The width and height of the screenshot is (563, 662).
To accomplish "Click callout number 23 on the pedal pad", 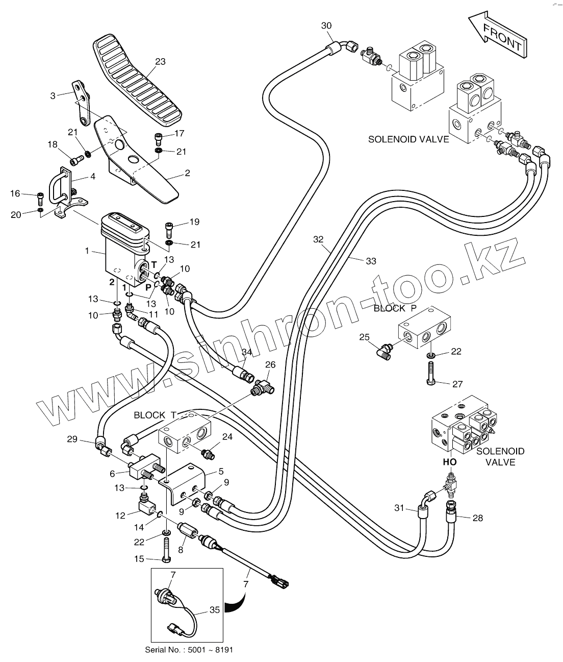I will pos(160,62).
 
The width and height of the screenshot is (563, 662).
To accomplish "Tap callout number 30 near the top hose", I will pos(326,26).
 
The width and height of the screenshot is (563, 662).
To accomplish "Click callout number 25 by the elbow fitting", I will pos(364,337).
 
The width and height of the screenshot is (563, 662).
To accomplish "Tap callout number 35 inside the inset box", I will pos(214,609).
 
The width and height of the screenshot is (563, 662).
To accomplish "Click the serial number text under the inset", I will pos(191,650).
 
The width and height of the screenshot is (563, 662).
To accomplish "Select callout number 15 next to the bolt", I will pos(139,559).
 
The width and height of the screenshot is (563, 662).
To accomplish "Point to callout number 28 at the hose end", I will pos(477,518).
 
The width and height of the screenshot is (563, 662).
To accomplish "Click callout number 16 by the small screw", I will pos(15,193).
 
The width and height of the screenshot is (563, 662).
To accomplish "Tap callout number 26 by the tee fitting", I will pos(270,364).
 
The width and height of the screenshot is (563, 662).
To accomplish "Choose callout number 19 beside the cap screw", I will pos(194,222).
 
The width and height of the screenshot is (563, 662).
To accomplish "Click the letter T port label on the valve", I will pos(153,264).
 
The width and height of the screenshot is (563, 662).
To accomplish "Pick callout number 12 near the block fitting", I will pos(120,516).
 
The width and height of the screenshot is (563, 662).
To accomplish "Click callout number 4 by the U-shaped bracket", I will pos(92,177).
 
